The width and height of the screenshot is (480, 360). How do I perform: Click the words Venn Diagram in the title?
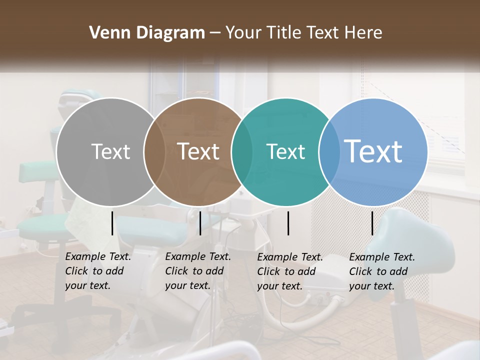click(x=147, y=33)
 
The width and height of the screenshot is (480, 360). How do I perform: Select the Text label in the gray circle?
click(x=110, y=151)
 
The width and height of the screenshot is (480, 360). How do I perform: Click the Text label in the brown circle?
click(x=198, y=151)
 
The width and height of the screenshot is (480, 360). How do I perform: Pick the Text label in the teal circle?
click(x=285, y=151)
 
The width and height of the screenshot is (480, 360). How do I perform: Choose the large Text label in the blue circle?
click(x=373, y=151)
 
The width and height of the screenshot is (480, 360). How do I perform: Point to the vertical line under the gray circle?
click(x=112, y=222)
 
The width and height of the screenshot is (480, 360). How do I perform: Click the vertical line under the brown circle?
click(x=200, y=222)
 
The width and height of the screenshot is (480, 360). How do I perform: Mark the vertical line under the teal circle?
click(x=288, y=222)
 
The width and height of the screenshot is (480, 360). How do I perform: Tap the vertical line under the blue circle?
click(x=372, y=222)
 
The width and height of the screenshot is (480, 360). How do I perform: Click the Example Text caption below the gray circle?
click(x=98, y=271)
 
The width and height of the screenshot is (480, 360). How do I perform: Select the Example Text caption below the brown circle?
click(x=198, y=271)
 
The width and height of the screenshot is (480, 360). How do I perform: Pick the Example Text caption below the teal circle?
click(x=290, y=271)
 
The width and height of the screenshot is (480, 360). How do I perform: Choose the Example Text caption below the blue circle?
click(x=382, y=271)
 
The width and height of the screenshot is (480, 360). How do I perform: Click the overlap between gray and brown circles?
click(x=154, y=151)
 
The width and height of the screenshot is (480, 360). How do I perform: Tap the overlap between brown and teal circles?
click(x=242, y=151)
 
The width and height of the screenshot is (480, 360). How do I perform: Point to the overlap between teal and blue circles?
click(x=329, y=151)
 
